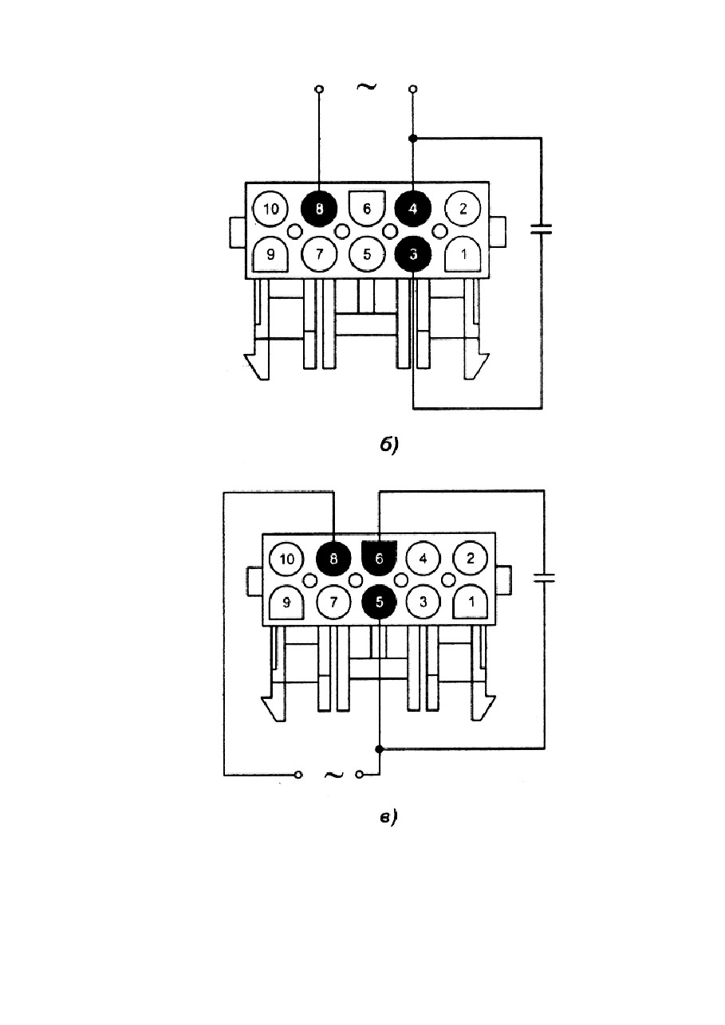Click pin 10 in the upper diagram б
coord(270,209)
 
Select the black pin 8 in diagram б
coord(319,209)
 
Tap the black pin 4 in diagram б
coord(413,209)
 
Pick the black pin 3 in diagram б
coord(413,254)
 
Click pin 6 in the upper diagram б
coord(366,208)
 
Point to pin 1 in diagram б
coord(463,255)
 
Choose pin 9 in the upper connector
coord(270,255)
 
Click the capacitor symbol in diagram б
coord(542,229)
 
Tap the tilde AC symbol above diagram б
coord(366,86)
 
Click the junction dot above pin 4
coord(412,138)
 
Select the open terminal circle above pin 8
coord(319,88)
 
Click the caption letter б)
coord(389,444)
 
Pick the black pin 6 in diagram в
coord(379,559)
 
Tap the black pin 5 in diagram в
coord(379,603)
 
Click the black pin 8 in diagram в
coord(333,559)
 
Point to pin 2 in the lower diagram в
coord(470,559)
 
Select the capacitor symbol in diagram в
coord(544,578)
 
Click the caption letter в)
coord(388,817)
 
